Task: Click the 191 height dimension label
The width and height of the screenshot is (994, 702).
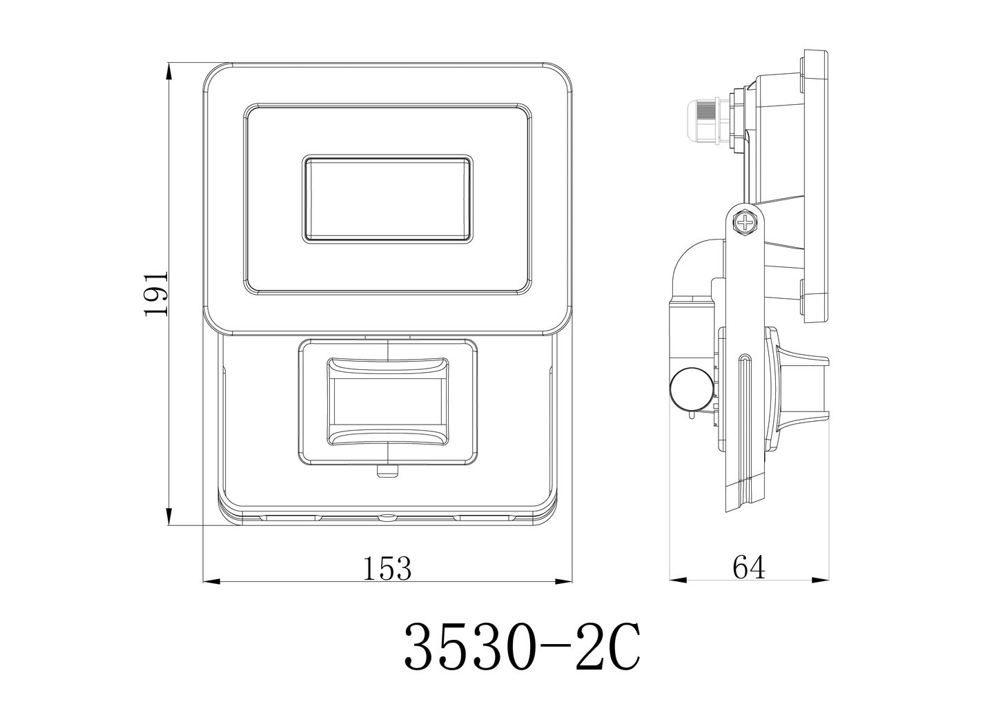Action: (156, 293)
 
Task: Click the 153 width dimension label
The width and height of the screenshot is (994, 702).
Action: (387, 568)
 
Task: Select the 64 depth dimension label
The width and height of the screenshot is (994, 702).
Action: (749, 567)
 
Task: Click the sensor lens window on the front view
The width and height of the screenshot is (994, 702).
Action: (387, 402)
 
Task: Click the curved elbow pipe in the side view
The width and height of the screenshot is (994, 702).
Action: (694, 262)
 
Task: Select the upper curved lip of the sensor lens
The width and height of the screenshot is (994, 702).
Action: (387, 367)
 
